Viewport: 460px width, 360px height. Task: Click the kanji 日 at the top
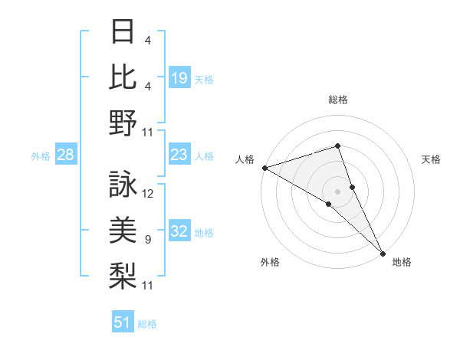pos(123,32)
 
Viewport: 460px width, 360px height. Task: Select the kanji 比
pos(123,77)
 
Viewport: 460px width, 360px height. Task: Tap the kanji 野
pos(123,123)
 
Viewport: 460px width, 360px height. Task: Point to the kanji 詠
pos(123,184)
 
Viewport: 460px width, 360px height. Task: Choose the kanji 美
pos(123,229)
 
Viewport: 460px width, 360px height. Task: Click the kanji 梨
pos(123,274)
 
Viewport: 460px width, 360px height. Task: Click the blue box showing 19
pos(179,78)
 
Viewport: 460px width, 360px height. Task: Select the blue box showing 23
pos(179,155)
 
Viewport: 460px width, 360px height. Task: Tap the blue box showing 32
pos(179,232)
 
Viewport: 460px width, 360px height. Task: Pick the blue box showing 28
pos(66,155)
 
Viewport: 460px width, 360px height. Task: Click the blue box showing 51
pos(123,323)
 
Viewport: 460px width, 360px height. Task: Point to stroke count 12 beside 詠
pos(148,194)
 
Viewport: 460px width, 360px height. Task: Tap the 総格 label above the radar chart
pos(338,100)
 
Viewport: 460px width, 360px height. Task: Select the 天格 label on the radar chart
pos(432,159)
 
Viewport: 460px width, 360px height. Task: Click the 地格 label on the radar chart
pos(402,262)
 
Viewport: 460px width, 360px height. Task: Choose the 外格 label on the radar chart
pos(270,262)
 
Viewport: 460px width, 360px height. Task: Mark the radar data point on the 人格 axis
pos(264,168)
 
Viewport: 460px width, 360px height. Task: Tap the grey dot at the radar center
pos(337,191)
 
